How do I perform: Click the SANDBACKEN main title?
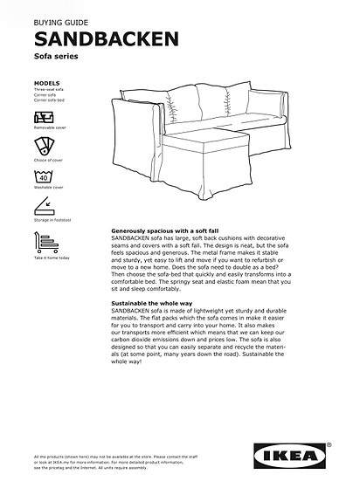tap(107, 38)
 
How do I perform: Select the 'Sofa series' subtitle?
tap(56, 57)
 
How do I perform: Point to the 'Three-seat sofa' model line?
tap(49, 91)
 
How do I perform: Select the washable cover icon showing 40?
tap(45, 175)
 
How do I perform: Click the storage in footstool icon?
tap(45, 207)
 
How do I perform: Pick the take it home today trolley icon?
tap(45, 242)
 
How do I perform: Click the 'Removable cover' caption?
tap(50, 127)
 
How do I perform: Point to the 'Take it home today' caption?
tap(52, 258)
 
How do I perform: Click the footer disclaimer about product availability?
tap(122, 462)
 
